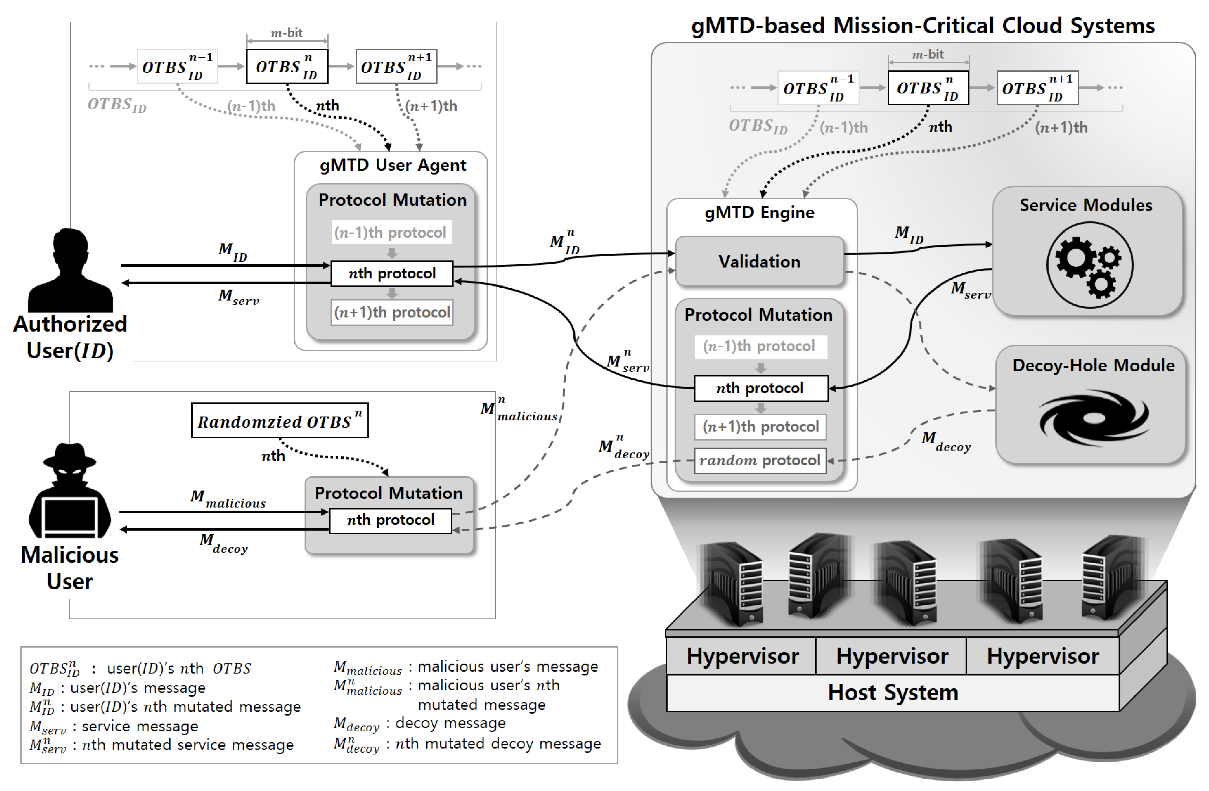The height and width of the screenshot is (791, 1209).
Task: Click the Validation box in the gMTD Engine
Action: [760, 261]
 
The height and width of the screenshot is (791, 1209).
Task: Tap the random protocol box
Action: [760, 461]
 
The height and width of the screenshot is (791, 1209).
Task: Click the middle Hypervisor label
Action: [892, 656]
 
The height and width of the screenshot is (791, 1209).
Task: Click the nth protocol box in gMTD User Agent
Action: [392, 273]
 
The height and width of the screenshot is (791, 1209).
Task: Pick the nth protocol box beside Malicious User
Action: [391, 521]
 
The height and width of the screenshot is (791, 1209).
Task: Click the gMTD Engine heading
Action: [760, 213]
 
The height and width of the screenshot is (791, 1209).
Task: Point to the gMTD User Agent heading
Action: [393, 165]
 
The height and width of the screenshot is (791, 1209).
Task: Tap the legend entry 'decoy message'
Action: [450, 723]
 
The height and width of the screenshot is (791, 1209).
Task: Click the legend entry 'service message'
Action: [140, 727]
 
